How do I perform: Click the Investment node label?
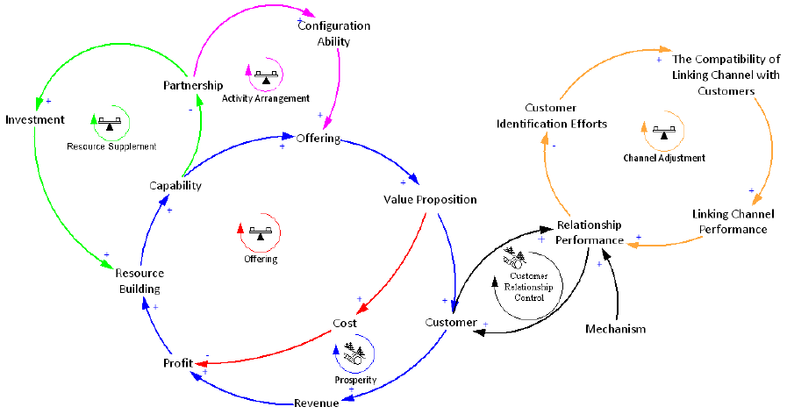coord(34,119)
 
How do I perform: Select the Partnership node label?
coord(192,85)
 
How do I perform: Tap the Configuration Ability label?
coord(333,33)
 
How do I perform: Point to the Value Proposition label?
coord(430,199)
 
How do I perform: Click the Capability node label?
coord(175,185)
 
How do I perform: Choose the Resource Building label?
coord(140,281)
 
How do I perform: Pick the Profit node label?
coord(177,363)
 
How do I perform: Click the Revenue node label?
coord(316,403)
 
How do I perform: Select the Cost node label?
coord(344,323)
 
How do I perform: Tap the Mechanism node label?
coord(615,329)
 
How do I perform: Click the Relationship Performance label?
coord(589,232)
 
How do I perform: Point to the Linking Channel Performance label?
coord(729,222)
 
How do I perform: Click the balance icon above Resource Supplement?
coord(110,124)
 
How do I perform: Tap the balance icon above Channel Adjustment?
coord(664,132)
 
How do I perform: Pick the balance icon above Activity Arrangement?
coord(265,78)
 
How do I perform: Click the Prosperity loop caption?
coord(355,380)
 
